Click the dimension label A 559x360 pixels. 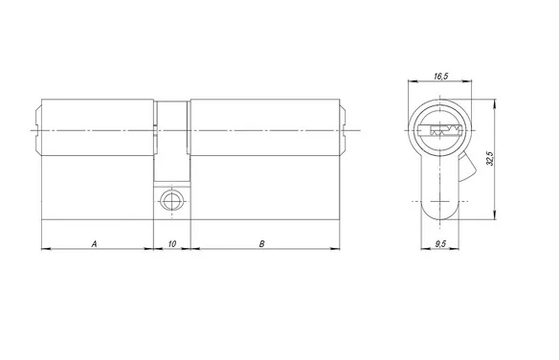[94, 244]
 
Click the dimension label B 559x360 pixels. [262, 244]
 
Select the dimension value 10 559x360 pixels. [172, 244]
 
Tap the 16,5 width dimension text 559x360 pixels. [441, 76]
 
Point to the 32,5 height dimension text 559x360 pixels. [490, 158]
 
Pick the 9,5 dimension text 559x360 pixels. [440, 244]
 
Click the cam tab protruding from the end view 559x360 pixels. [467, 166]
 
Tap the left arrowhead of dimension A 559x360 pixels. [46, 248]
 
